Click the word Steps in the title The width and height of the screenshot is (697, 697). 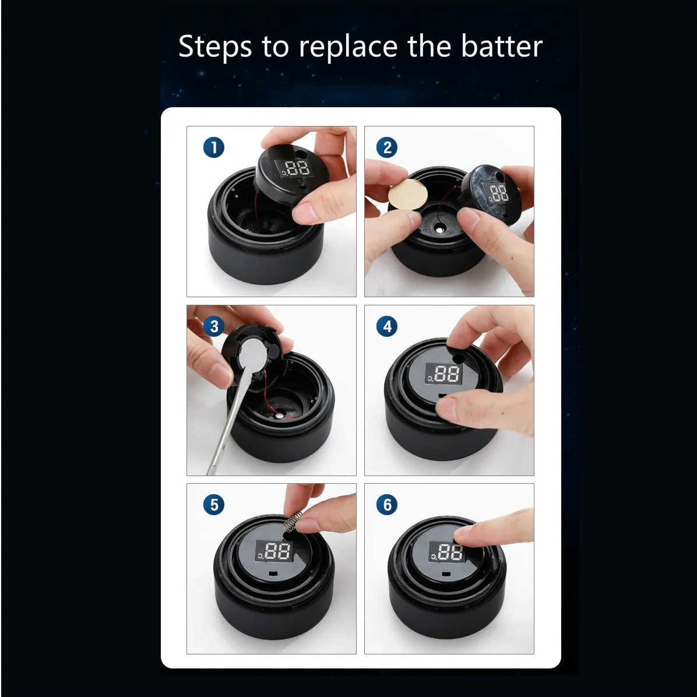pos(215,47)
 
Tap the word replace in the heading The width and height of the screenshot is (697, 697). pos(348,47)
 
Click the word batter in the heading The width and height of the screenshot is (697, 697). pos(502,46)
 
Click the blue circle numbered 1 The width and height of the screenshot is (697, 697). pos(214,147)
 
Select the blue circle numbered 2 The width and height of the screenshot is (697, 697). pos(387,147)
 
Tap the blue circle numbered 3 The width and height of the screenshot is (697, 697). pos(214,326)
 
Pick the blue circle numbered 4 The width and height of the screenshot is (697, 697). pos(387,326)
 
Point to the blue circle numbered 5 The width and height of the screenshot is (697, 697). pos(214,505)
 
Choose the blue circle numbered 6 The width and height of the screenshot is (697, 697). pos(387,505)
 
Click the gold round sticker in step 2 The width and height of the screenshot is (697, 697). pos(407,194)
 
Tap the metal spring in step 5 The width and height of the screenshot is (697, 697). pos(293,522)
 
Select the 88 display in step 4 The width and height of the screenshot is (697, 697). pos(444,374)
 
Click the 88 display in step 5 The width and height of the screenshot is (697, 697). pos(274,552)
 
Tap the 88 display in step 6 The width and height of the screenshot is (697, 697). pos(447,552)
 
